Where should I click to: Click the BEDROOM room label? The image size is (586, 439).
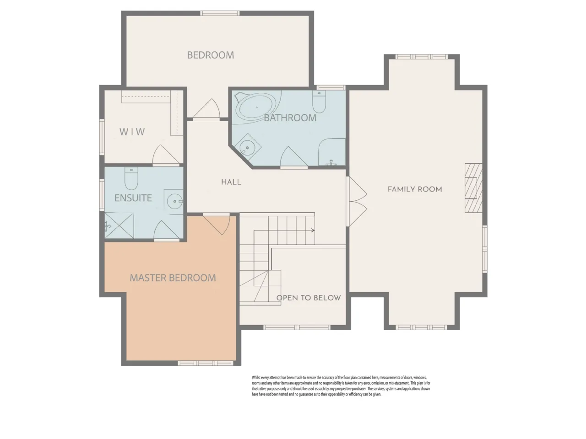click(211, 55)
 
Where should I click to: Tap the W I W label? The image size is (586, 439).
click(132, 132)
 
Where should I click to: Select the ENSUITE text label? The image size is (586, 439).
click(133, 198)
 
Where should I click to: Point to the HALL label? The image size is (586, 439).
click(231, 182)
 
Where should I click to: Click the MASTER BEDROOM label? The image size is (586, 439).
click(173, 278)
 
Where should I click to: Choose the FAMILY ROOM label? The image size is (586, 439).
click(415, 189)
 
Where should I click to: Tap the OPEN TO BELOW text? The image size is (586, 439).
click(309, 298)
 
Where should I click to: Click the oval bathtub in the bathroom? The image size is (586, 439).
click(256, 107)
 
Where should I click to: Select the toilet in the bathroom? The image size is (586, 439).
click(319, 102)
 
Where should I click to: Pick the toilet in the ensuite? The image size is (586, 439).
click(131, 178)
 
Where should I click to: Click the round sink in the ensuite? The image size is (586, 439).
click(175, 201)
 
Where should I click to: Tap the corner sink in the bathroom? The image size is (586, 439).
click(247, 147)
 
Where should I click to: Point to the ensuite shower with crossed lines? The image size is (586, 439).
click(119, 225)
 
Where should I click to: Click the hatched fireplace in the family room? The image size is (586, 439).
click(473, 188)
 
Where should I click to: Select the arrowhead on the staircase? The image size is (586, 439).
click(313, 230)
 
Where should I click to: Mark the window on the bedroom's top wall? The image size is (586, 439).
click(220, 13)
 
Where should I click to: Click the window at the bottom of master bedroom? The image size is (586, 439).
click(206, 363)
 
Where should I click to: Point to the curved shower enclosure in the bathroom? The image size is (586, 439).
click(332, 152)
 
